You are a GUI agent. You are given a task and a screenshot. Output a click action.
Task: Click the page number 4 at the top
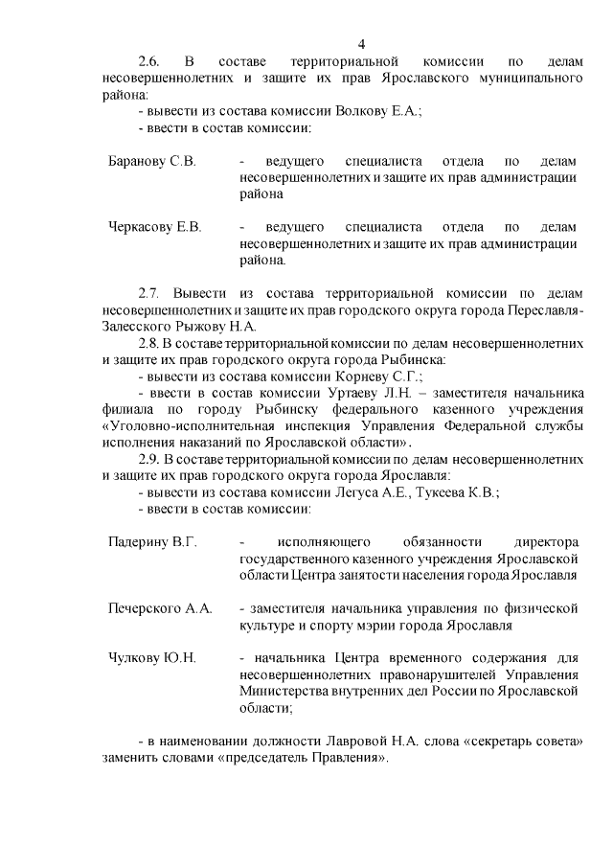point(361,44)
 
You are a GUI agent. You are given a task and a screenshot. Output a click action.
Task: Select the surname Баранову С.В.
point(152,161)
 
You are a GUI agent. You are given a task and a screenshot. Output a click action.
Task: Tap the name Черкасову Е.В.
point(155,227)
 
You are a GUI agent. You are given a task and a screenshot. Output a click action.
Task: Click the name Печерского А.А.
point(159,608)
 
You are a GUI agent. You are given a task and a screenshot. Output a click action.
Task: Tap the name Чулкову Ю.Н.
point(152,657)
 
